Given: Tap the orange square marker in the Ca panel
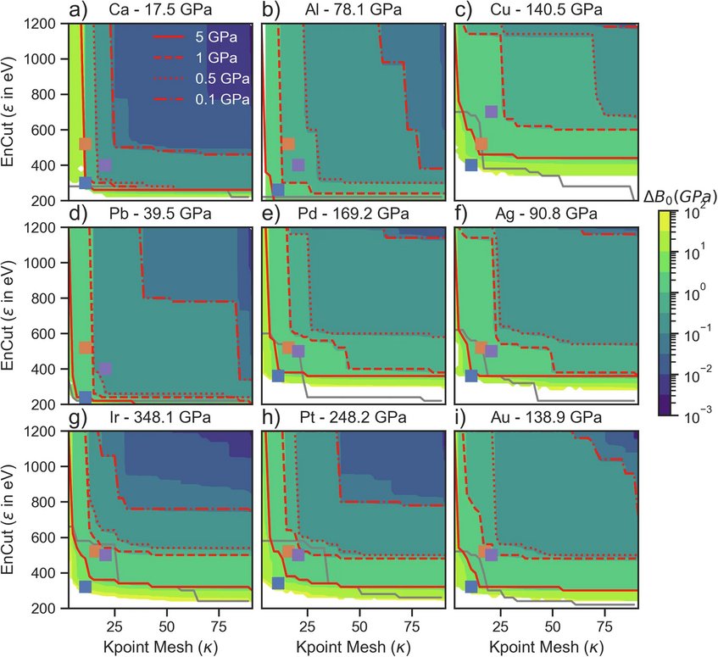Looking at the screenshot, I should pos(85,144).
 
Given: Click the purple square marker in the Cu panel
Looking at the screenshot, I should pos(491,112).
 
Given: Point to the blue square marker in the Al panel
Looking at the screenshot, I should pos(277,190).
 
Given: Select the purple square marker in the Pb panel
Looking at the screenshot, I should pos(106,369).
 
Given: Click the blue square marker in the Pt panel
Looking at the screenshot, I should pos(278,582).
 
